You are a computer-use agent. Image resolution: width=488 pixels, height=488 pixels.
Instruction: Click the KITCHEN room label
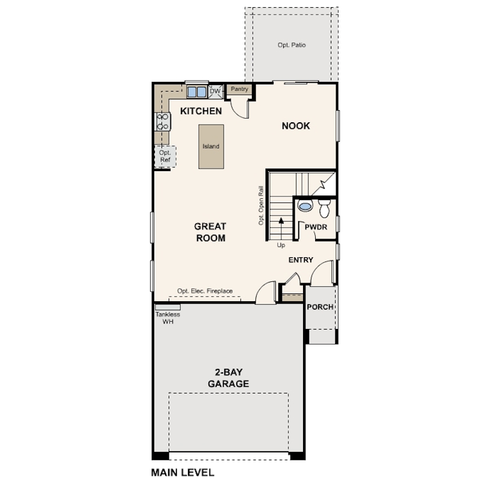[201, 111]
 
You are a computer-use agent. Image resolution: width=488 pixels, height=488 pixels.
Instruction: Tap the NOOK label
[296, 126]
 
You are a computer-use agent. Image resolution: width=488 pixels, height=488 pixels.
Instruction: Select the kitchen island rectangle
[211, 146]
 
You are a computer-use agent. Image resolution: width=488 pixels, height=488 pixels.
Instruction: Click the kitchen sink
[196, 92]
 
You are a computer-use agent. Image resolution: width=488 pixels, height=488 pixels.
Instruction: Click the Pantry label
[239, 90]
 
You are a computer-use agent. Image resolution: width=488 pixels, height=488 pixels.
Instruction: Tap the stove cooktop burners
[163, 122]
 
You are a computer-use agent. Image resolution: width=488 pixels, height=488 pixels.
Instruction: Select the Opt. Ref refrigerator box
[165, 157]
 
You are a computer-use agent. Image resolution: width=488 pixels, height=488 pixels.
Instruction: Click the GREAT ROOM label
[210, 232]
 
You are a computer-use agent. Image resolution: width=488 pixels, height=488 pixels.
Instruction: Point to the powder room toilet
[325, 209]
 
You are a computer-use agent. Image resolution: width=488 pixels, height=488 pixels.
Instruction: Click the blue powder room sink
[306, 207]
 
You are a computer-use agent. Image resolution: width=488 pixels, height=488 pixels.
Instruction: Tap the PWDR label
[315, 227]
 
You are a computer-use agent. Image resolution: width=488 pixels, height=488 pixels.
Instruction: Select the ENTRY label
[301, 260]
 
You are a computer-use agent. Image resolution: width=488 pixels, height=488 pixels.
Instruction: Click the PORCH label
[320, 307]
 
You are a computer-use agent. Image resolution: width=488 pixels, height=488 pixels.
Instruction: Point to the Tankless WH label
[167, 318]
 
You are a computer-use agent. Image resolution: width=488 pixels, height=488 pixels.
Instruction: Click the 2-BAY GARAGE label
[228, 378]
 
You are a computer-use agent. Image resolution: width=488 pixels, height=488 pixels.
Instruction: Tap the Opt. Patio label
[292, 45]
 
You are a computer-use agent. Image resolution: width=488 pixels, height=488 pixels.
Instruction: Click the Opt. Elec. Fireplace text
[205, 291]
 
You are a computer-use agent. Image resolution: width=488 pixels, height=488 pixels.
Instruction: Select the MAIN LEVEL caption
[183, 472]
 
